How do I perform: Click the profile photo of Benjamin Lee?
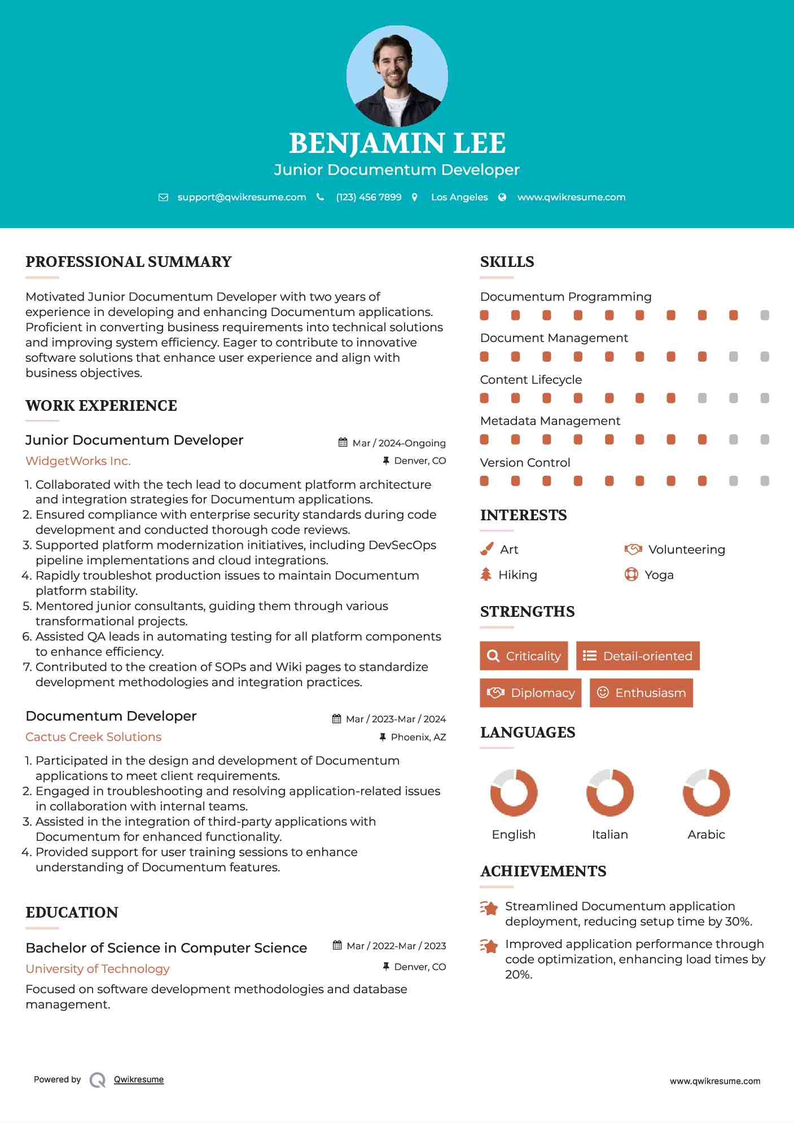(x=397, y=76)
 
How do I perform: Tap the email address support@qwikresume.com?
(x=242, y=197)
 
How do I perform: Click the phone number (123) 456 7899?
(x=369, y=197)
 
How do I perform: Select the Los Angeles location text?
(x=459, y=197)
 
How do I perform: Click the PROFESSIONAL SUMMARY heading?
(x=129, y=262)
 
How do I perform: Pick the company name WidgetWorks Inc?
(x=78, y=461)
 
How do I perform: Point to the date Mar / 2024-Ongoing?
(x=398, y=443)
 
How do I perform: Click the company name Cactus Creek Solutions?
(x=93, y=737)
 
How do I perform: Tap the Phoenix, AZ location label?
(x=418, y=737)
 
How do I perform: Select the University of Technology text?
(x=98, y=969)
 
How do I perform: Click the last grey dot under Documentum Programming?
(x=765, y=315)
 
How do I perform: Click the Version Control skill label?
(x=525, y=463)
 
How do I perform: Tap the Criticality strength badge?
(x=524, y=656)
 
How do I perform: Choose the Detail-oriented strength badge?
(x=638, y=656)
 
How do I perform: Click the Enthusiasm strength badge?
(x=641, y=692)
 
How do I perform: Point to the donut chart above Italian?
(x=610, y=792)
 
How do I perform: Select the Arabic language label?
(x=706, y=835)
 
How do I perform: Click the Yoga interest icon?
(x=631, y=574)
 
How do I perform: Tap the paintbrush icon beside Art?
(x=486, y=549)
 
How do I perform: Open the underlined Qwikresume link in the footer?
(x=139, y=1080)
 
